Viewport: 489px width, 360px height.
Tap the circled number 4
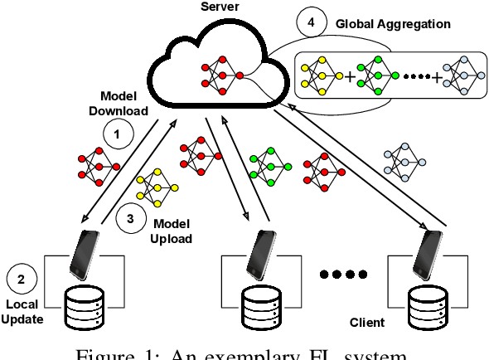coord(311,24)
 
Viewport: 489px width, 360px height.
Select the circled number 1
coord(118,133)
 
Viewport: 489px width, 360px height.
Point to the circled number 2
coord(21,279)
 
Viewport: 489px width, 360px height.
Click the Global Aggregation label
coord(393,24)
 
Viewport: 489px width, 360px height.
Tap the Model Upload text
coord(172,231)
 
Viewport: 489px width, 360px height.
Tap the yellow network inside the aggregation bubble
coord(318,75)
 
